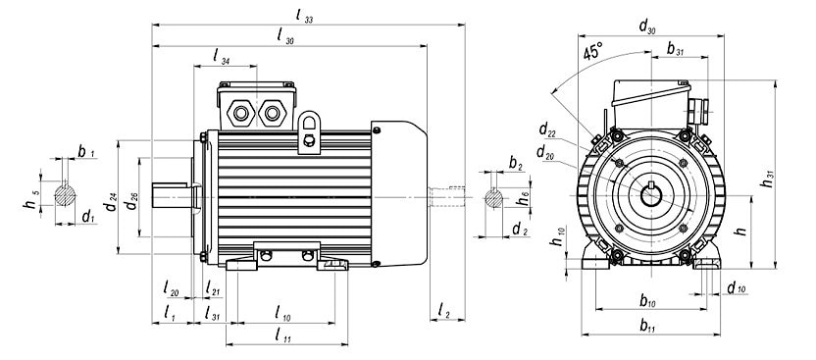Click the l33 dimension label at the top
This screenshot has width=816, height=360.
[304, 16]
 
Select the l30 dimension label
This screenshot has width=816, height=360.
[285, 37]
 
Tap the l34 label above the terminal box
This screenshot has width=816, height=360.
[222, 56]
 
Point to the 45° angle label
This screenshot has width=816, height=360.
[592, 52]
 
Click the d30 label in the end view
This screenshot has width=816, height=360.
[647, 26]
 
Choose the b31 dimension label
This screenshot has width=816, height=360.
[675, 48]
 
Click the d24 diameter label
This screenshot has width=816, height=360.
[110, 202]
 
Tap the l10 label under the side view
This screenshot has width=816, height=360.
[282, 313]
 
